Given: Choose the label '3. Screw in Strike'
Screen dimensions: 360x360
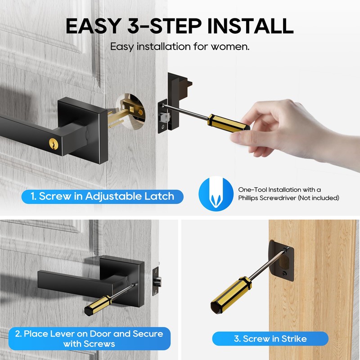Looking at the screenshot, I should (x=270, y=338).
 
